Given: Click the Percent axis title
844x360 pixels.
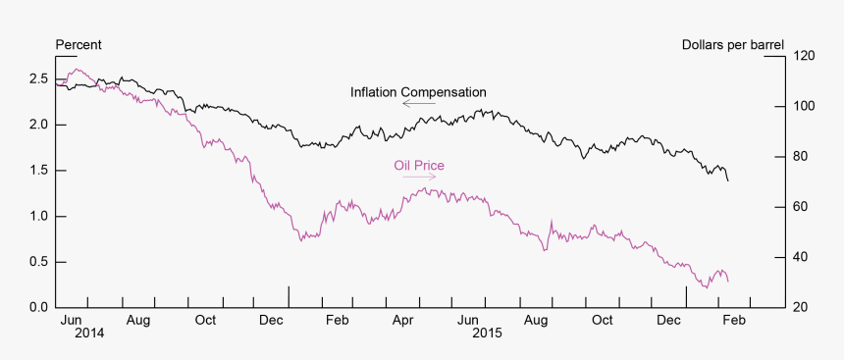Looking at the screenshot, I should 79,45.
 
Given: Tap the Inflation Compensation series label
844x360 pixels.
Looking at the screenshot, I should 418,92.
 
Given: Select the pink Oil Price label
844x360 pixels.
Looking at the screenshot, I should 419,166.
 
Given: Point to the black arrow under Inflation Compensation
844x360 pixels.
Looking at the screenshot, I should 418,103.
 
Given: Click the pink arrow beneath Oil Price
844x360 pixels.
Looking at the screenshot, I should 419,178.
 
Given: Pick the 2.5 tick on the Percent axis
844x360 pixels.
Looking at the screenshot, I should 38,78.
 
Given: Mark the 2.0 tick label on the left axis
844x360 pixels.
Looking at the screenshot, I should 38,125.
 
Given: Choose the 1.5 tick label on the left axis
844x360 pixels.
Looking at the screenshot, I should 38,171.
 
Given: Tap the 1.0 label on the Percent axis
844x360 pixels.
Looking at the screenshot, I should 38,217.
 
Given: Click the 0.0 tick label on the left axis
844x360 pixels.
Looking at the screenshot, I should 38,308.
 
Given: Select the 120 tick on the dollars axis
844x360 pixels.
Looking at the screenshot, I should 806,57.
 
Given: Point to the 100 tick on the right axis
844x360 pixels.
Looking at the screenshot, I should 806,107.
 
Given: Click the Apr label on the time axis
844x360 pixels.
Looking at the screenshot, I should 402,321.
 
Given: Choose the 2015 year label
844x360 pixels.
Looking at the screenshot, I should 487,334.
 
